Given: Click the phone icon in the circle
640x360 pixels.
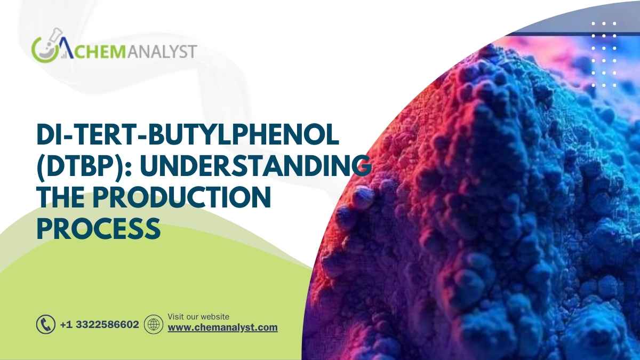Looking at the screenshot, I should [x=46, y=324].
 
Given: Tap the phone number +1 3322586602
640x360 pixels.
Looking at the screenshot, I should [x=99, y=324].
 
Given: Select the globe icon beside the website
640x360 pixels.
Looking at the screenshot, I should [x=154, y=324].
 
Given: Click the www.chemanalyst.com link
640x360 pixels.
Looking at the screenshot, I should [x=223, y=327].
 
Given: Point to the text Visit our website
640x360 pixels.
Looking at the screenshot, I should [x=198, y=317].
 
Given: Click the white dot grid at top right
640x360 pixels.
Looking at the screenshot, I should [x=604, y=54].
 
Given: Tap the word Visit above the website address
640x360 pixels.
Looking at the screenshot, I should [x=176, y=317].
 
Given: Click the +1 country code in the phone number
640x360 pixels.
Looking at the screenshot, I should [x=66, y=324].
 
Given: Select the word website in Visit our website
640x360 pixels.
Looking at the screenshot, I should [x=214, y=317].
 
